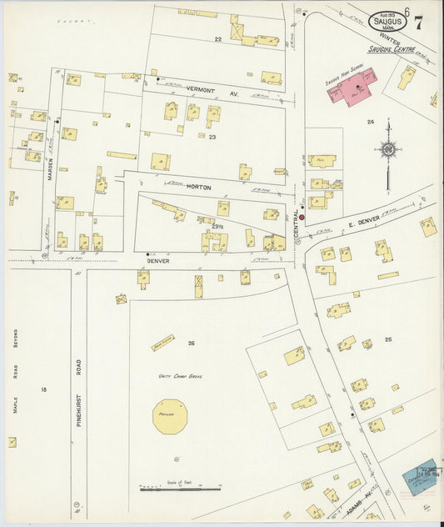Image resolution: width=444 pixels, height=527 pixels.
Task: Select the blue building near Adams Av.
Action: [419, 476]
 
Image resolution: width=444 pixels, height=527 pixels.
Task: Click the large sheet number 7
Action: [417, 23]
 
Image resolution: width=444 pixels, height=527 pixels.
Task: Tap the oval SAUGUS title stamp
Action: [388, 20]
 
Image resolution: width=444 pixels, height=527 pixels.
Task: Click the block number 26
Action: [191, 343]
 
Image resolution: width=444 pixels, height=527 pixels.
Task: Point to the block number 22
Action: [218, 39]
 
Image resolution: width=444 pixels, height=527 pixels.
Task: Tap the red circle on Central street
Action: [302, 218]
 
